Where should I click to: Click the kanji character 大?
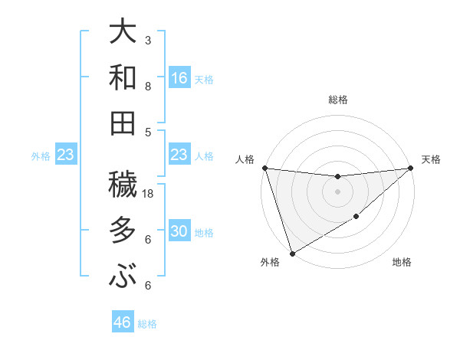pyautogui.click(x=124, y=32)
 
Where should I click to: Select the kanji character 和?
pyautogui.click(x=124, y=77)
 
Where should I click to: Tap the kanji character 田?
pyautogui.click(x=124, y=123)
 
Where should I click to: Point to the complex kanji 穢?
pyautogui.click(x=124, y=185)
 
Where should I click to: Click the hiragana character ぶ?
pyautogui.click(x=124, y=277)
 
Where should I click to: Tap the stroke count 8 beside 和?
pyautogui.click(x=148, y=87)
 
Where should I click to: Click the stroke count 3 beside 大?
pyautogui.click(x=148, y=41)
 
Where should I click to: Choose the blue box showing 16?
pyautogui.click(x=179, y=77)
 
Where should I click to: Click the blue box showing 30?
pyautogui.click(x=179, y=232)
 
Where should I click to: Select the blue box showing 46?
pyautogui.click(x=123, y=322)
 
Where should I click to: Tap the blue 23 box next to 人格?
pyautogui.click(x=179, y=155)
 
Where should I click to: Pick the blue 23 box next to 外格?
pyautogui.click(x=65, y=155)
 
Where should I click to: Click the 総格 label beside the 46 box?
pyautogui.click(x=147, y=323)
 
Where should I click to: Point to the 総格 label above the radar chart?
pyautogui.click(x=337, y=100)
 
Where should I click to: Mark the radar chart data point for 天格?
pyautogui.click(x=411, y=168)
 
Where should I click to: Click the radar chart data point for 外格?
pyautogui.click(x=292, y=254)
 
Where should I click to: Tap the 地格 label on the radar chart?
pyautogui.click(x=402, y=263)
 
